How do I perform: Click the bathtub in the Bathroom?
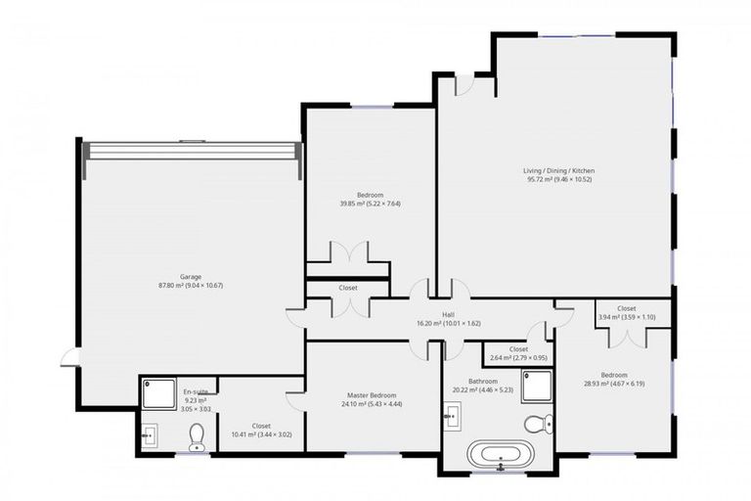(x=502, y=455)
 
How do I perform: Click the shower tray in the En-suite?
(x=158, y=393)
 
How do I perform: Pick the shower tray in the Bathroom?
(x=537, y=386)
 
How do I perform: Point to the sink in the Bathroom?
(x=453, y=418)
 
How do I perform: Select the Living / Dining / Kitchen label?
(x=558, y=170)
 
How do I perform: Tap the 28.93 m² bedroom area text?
(x=613, y=384)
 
